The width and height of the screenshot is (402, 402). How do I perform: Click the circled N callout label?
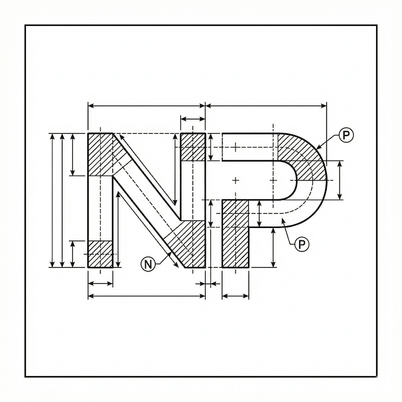[148, 264]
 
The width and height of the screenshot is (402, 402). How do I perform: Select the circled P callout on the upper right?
[346, 136]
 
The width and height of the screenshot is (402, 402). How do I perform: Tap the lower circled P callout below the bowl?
[301, 245]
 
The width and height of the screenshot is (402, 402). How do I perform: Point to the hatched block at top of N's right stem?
[193, 147]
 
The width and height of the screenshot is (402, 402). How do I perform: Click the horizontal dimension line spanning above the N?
[146, 106]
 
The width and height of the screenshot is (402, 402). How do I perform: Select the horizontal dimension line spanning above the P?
[266, 106]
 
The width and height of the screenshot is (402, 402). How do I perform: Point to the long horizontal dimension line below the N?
[146, 296]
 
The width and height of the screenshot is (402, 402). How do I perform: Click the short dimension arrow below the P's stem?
[235, 296]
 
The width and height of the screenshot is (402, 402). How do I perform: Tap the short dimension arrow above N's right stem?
[193, 119]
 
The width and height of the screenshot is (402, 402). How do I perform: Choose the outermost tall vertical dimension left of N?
[52, 200]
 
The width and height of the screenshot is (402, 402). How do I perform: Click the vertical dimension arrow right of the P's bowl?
[340, 180]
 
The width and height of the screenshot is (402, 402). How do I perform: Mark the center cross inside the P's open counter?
[235, 180]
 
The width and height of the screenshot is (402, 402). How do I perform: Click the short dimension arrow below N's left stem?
[100, 284]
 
